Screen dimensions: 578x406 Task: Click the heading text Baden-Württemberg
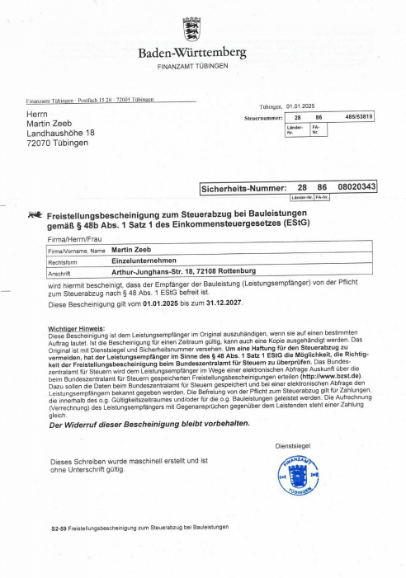191,53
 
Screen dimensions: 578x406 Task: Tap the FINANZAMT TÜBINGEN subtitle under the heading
191,65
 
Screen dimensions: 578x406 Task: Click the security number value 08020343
356,188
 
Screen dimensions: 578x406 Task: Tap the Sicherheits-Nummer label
243,189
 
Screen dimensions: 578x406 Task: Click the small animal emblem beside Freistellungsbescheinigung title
35,214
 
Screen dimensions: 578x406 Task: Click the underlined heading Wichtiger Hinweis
79,329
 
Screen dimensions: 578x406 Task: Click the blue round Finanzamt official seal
297,477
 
